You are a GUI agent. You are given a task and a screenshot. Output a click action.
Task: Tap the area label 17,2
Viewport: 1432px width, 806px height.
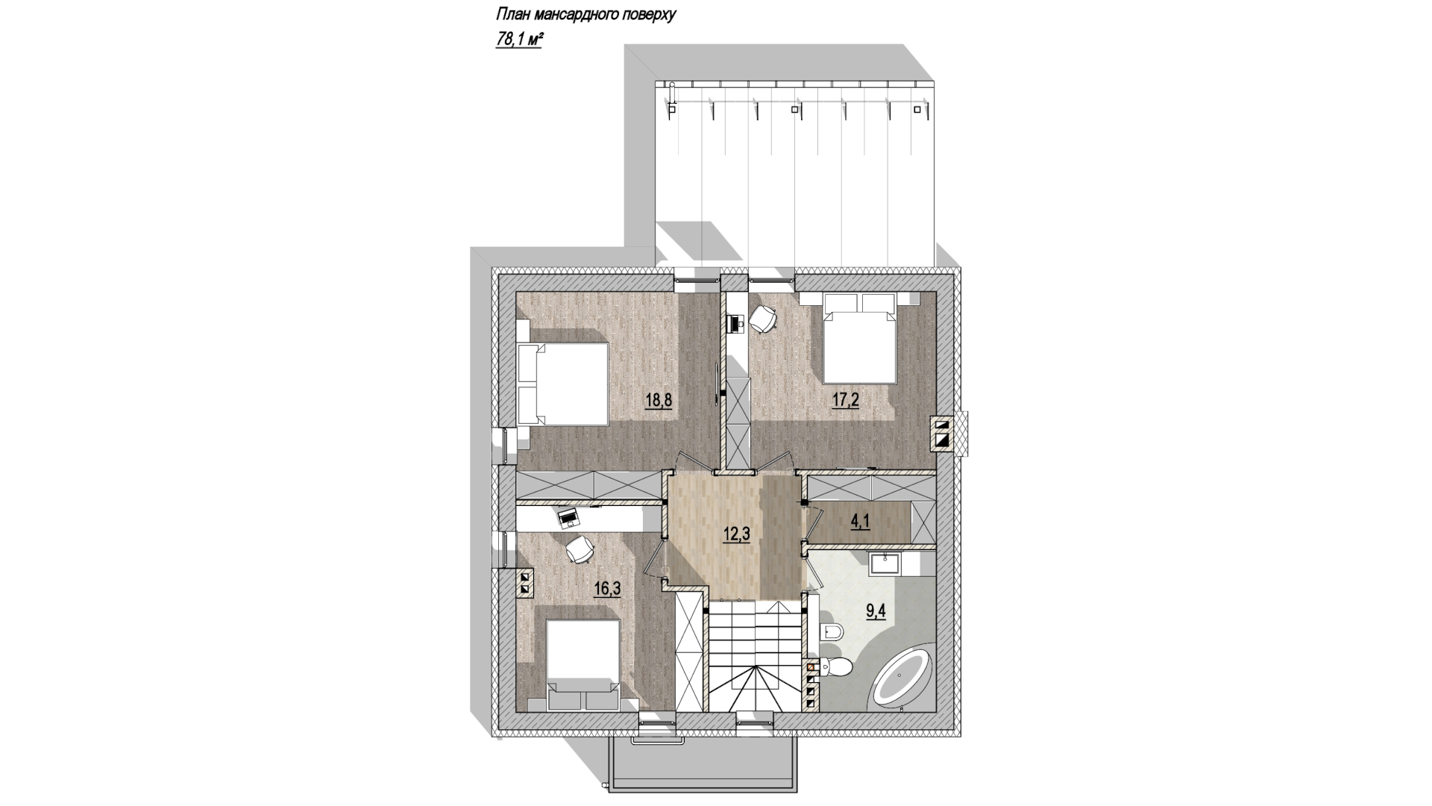pyautogui.click(x=846, y=401)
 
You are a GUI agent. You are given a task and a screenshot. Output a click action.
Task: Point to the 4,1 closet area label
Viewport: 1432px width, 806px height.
pyautogui.click(x=861, y=522)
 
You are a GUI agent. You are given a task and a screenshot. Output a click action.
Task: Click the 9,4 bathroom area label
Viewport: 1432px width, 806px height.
pyautogui.click(x=877, y=614)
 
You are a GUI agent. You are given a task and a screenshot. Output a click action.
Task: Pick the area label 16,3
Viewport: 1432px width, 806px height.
pyautogui.click(x=607, y=589)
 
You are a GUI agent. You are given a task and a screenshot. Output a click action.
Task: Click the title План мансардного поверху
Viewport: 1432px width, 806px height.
pyautogui.click(x=585, y=16)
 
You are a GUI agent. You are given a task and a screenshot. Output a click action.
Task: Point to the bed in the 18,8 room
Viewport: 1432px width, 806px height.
pyautogui.click(x=563, y=384)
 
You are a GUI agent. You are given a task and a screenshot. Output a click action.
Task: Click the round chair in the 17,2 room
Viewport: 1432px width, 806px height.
pyautogui.click(x=764, y=319)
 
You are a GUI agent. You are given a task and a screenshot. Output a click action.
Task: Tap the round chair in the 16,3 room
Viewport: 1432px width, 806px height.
pyautogui.click(x=580, y=551)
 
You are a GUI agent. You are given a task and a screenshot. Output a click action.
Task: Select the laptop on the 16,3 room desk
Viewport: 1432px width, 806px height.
pyautogui.click(x=568, y=516)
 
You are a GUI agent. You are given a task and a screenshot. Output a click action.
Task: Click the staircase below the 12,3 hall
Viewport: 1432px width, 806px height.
pyautogui.click(x=756, y=657)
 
